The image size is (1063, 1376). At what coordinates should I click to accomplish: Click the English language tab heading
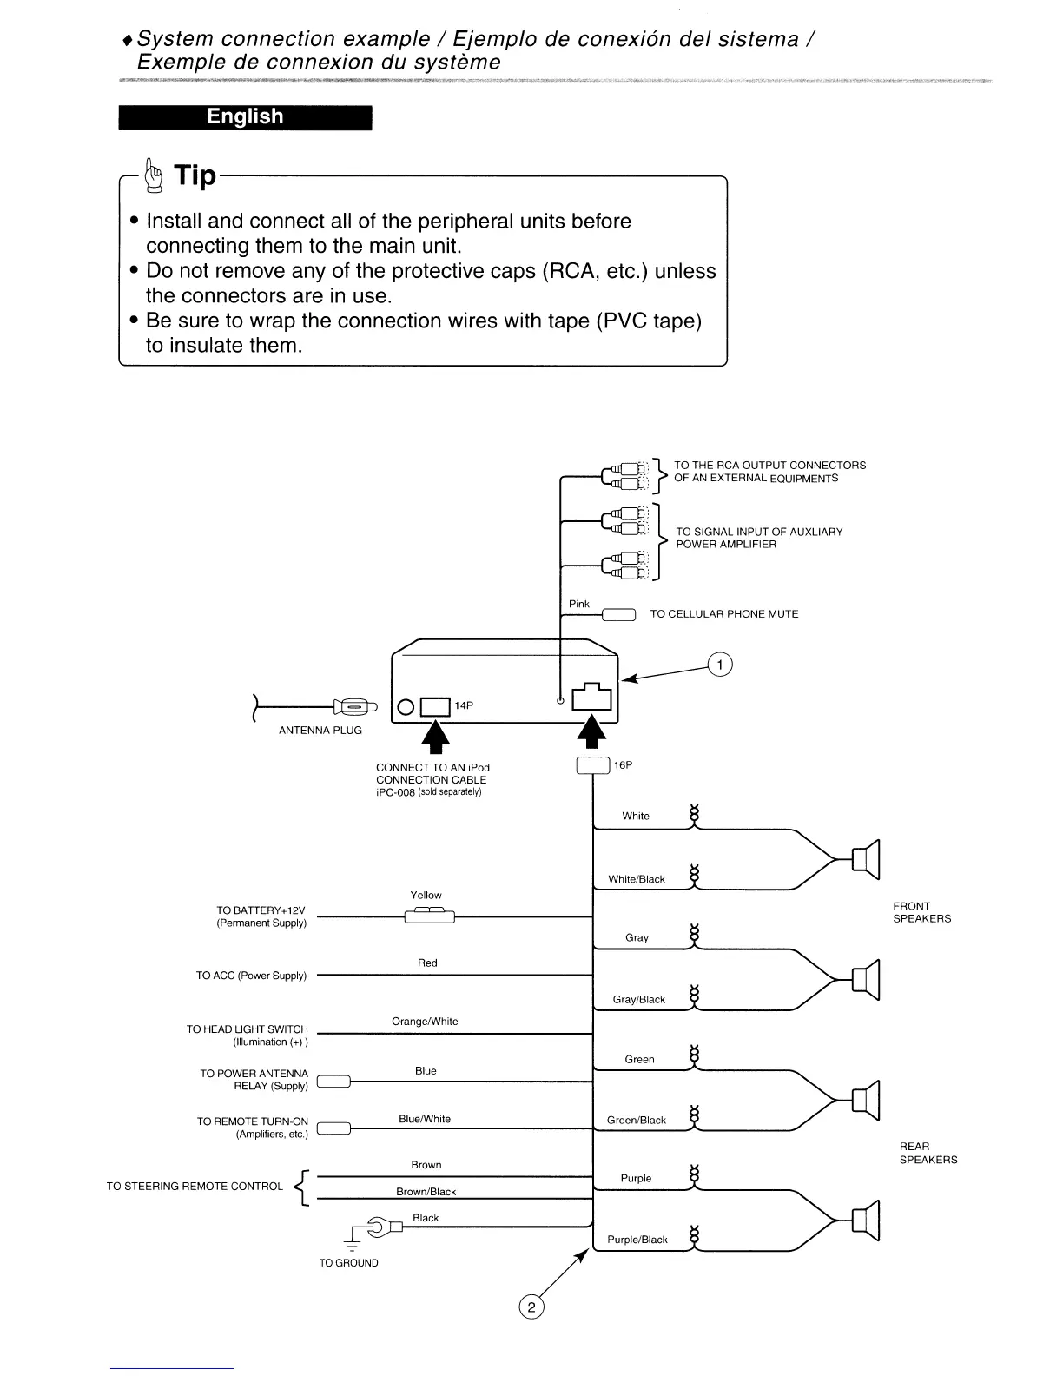[245, 117]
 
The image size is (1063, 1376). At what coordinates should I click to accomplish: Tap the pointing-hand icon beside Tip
[155, 174]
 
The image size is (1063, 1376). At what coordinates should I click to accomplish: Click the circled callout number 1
[720, 665]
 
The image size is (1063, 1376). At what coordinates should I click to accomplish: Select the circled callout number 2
[531, 1307]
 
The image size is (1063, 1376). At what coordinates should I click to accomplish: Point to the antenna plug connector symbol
[354, 707]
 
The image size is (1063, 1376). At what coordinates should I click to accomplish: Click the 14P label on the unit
[465, 705]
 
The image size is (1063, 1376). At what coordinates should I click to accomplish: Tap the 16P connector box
[593, 765]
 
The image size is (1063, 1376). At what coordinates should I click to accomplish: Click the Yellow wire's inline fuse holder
[429, 916]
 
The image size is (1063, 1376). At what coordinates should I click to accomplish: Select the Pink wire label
[579, 604]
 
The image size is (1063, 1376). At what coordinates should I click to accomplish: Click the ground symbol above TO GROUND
[352, 1240]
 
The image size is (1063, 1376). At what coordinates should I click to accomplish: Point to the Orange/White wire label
[425, 1022]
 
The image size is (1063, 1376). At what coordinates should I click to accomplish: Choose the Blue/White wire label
[425, 1119]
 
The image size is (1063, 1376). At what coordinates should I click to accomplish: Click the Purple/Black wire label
[637, 1240]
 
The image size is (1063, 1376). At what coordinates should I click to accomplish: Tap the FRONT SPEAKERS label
[921, 912]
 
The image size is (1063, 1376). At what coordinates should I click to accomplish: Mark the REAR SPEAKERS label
[928, 1153]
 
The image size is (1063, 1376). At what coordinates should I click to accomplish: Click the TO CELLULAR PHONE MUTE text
[724, 614]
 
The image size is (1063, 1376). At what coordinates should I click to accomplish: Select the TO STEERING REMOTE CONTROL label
[195, 1187]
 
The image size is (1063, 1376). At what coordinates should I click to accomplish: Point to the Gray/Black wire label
[639, 1000]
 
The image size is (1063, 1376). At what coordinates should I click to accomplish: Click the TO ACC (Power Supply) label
[251, 976]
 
